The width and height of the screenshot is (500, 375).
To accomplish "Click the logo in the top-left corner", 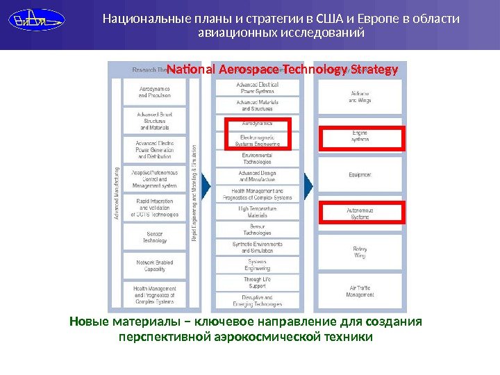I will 37,20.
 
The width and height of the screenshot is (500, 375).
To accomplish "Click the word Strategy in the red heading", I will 375,70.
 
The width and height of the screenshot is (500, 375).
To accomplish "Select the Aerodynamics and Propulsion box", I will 154,92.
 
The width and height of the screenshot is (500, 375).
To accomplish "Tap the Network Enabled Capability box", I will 154,265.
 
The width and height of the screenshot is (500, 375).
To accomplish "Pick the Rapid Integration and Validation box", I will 154,208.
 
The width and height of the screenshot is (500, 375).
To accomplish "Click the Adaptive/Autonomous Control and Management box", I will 154,178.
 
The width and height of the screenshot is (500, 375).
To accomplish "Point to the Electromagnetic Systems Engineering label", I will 257,140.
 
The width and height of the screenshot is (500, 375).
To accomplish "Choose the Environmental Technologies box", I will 257,158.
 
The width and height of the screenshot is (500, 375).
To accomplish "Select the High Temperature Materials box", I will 257,212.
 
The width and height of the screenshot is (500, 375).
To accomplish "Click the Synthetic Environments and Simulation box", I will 257,247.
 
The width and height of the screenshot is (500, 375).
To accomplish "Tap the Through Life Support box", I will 257,283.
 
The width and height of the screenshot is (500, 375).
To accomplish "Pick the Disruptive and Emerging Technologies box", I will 257,301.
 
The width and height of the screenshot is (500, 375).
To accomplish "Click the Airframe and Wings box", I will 360,97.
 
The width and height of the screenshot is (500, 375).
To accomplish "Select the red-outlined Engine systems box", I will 360,137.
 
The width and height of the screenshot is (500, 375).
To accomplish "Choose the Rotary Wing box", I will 360,252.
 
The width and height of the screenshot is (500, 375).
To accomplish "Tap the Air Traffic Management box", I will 360,291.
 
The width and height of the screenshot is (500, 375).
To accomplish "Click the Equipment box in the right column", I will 360,174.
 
